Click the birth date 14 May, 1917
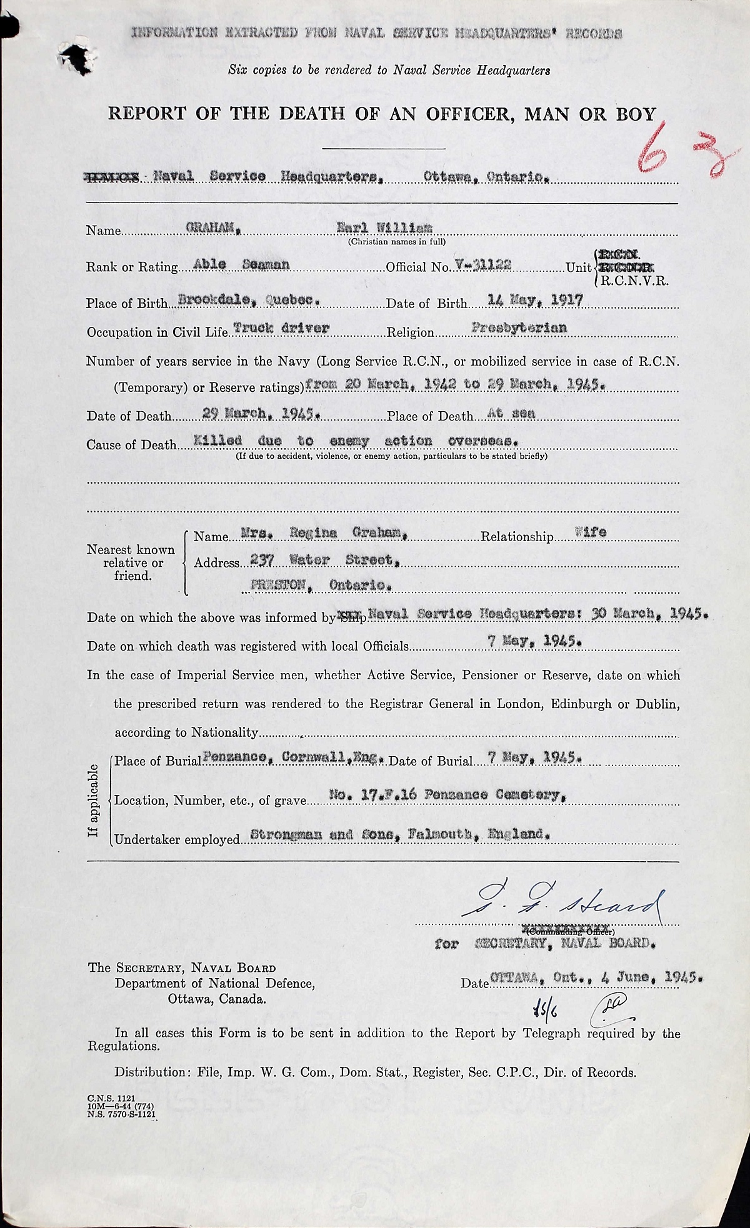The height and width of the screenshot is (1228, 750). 534,301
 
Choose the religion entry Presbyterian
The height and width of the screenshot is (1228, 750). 529,327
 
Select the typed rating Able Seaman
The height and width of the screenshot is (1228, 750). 241,264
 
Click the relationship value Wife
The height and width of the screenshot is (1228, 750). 591,533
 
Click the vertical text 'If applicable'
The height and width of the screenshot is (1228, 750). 94,801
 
